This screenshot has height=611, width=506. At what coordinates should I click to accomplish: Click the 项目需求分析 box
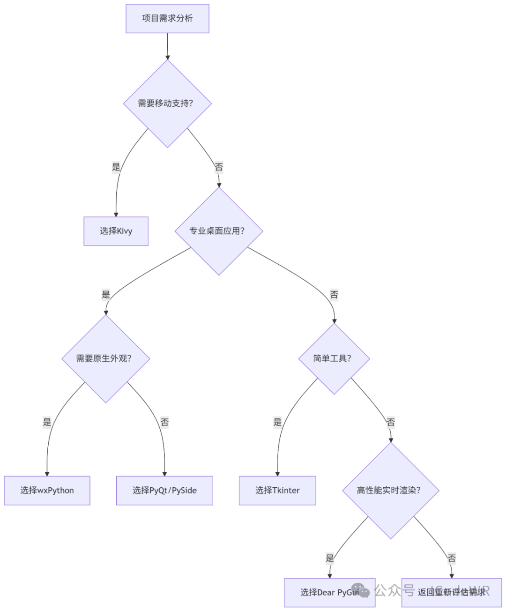(x=167, y=19)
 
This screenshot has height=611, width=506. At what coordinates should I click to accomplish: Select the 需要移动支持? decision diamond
(x=167, y=104)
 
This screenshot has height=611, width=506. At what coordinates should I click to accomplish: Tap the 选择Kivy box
(x=116, y=231)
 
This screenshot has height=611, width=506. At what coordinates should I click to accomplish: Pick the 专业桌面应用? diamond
(x=219, y=231)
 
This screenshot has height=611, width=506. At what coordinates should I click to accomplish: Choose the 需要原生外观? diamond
(x=106, y=358)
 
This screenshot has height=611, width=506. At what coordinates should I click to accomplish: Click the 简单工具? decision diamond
(x=334, y=358)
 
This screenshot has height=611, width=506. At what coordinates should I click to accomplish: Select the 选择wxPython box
(x=47, y=491)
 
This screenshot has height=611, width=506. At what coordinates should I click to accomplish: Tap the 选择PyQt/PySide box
(x=164, y=491)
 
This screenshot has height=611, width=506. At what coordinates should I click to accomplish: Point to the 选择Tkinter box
(x=277, y=491)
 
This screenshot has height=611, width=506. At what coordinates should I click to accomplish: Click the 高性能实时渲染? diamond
(x=391, y=491)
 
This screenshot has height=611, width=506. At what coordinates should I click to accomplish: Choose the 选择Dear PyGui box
(x=329, y=592)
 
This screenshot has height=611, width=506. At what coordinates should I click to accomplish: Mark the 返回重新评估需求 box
(x=452, y=592)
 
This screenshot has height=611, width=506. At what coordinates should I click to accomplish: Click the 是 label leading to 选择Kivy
(x=116, y=167)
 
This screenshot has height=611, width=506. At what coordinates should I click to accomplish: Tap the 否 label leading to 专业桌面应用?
(x=219, y=167)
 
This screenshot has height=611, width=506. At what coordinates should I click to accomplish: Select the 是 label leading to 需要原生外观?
(x=106, y=295)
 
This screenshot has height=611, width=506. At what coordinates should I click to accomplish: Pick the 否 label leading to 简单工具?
(x=334, y=295)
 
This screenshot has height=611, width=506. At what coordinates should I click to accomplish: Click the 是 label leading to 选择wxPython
(x=47, y=422)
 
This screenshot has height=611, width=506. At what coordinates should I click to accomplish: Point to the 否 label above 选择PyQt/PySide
(x=164, y=422)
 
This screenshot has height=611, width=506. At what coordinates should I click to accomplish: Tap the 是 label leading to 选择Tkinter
(x=277, y=422)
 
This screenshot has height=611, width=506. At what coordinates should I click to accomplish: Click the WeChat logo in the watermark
(x=360, y=590)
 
